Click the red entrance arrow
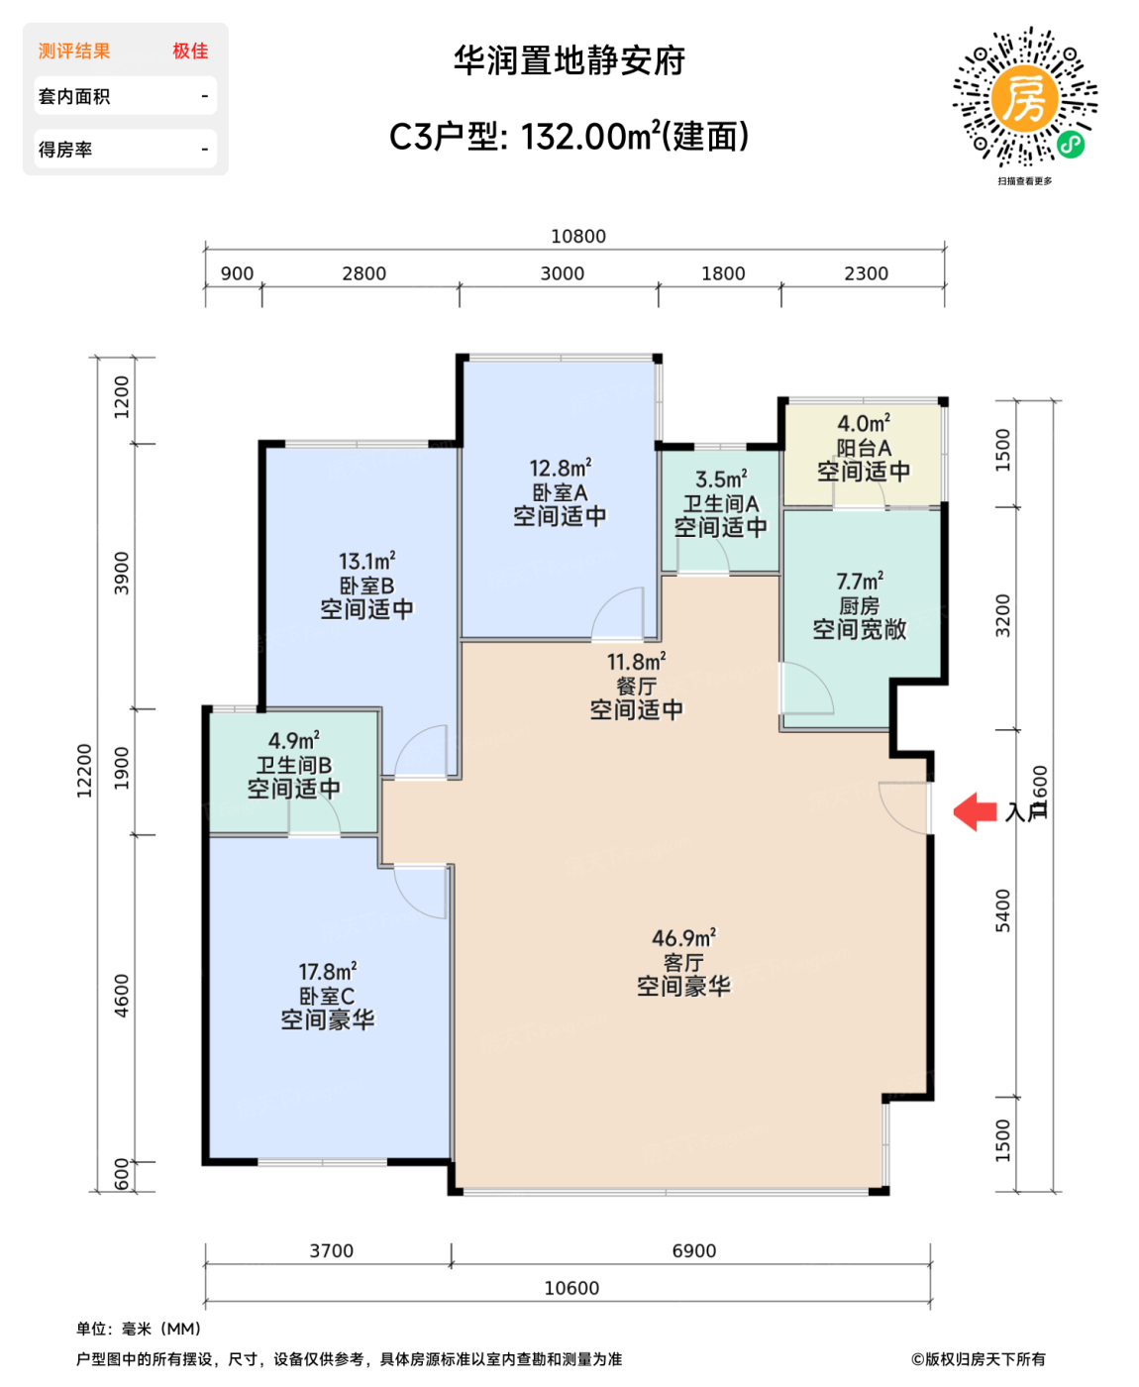coord(975,811)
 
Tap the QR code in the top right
coord(1025,97)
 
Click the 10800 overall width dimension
coord(578,236)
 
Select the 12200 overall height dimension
coord(84,770)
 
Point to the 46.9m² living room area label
coord(683,937)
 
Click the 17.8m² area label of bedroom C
coord(328,971)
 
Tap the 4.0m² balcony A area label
coord(864,424)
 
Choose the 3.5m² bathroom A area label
coord(721,480)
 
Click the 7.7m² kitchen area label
coord(860,581)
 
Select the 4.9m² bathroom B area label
coord(294,740)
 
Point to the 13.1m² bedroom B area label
coord(366,561)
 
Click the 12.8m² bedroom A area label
coord(560,468)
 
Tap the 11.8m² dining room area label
coord(636,661)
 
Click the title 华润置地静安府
coord(569,60)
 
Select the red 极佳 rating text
coord(190,51)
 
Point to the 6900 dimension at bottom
coord(693,1250)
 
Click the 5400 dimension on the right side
coord(1003,909)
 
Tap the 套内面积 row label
coord(74,96)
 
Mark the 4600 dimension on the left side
coord(121,995)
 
